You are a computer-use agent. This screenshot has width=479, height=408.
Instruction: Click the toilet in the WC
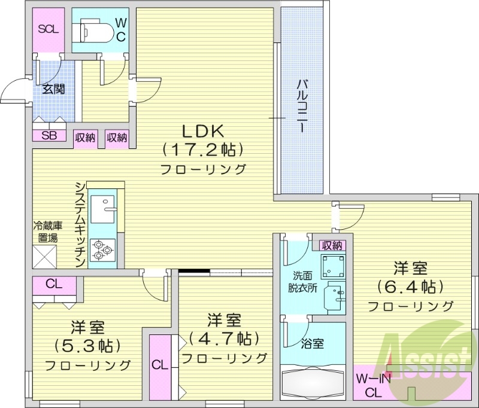click(x=93, y=29)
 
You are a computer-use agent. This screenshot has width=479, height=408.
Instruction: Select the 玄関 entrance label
click(x=53, y=89)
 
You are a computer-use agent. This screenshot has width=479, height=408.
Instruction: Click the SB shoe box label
click(x=48, y=135)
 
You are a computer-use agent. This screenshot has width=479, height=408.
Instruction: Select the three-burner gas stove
click(x=102, y=249)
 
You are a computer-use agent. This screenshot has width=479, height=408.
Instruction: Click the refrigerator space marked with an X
click(x=44, y=256)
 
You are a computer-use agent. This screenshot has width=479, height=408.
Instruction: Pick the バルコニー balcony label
click(x=302, y=105)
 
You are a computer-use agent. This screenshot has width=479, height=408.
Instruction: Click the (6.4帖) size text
click(x=410, y=287)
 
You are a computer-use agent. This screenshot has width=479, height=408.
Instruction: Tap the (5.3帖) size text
click(x=88, y=346)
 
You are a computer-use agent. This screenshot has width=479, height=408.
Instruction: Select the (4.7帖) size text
click(x=224, y=339)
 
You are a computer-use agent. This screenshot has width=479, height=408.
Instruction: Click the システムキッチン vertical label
click(x=80, y=225)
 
